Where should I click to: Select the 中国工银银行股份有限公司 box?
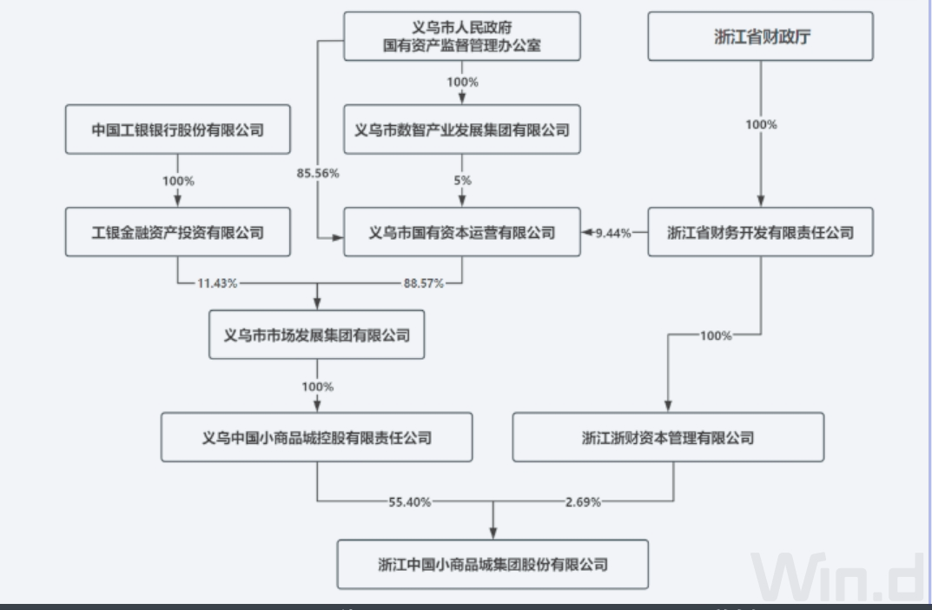tap(177, 130)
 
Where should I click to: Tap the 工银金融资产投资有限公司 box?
tap(177, 232)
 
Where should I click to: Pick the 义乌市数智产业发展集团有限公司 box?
tap(461, 130)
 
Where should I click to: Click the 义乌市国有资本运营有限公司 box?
tap(461, 232)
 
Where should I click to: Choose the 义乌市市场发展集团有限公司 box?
tap(316, 335)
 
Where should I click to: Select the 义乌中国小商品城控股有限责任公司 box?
tap(316, 437)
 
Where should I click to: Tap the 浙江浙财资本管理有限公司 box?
tap(667, 437)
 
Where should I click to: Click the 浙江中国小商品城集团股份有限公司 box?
tap(493, 564)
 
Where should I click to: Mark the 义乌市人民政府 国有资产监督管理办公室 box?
tap(461, 36)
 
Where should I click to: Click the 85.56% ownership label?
tap(318, 173)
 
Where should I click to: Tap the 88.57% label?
tap(424, 283)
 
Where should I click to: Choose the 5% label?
tap(461, 181)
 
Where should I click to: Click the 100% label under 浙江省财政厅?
tap(762, 124)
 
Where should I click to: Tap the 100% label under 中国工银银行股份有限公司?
tap(177, 181)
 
